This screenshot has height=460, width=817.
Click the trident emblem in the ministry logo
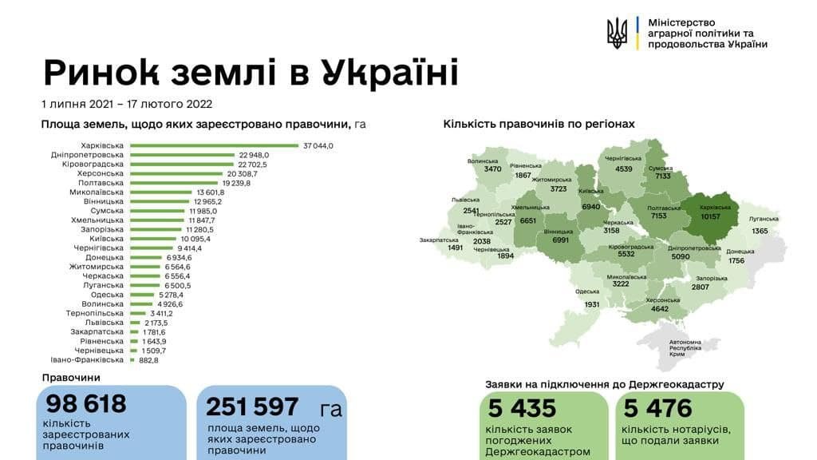[x=617, y=34]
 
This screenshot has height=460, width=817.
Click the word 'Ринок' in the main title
[x=101, y=73]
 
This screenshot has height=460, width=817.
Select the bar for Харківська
[x=214, y=145]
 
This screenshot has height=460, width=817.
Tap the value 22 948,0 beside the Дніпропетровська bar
[x=254, y=155]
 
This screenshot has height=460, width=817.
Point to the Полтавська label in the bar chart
[x=103, y=183]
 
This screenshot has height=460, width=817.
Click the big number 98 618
[x=86, y=404]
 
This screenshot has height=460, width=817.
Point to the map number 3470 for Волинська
[x=492, y=169]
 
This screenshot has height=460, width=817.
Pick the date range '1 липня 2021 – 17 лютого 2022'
[x=127, y=104]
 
